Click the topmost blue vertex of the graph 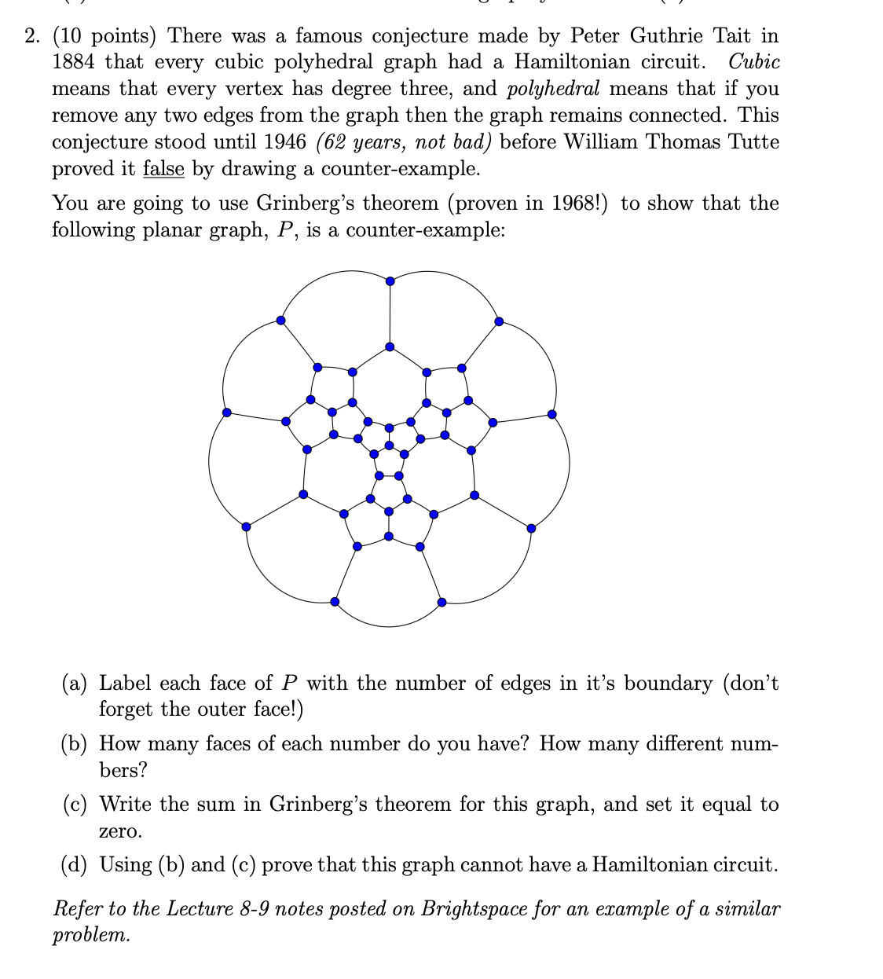pos(390,280)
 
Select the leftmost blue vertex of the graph pos(226,412)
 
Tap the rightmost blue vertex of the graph pos(552,414)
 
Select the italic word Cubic pos(753,62)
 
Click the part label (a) pos(75,684)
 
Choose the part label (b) pos(75,744)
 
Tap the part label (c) pos(75,805)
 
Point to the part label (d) pos(75,865)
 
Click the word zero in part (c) pos(120,831)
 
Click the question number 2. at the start pos(32,36)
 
